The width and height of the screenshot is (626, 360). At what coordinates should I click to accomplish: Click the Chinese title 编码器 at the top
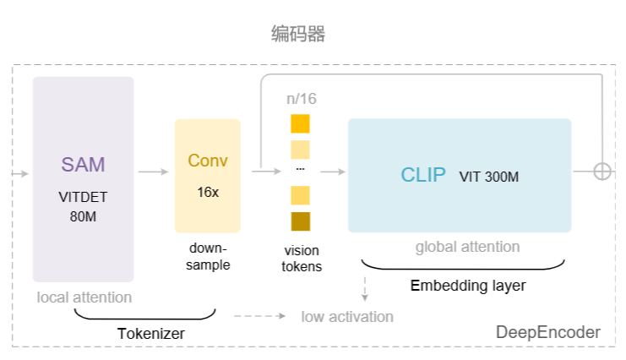[x=298, y=35]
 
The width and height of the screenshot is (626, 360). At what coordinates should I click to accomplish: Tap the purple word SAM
[x=83, y=164]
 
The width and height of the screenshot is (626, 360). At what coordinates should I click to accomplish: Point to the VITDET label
[x=83, y=197]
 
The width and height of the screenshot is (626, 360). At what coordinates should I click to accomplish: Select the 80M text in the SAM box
[x=83, y=216]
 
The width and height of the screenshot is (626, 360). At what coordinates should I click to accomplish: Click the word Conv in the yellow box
[x=208, y=161]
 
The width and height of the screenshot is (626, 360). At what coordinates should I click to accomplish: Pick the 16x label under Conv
[x=208, y=192]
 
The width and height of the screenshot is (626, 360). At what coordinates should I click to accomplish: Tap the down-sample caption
[x=208, y=257]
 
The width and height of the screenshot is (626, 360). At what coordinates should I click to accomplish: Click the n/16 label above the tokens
[x=301, y=99]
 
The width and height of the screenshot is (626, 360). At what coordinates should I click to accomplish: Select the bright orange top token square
[x=301, y=123]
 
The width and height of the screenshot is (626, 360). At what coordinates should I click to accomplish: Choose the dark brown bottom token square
[x=301, y=221]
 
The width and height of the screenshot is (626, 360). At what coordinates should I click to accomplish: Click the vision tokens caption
[x=302, y=258]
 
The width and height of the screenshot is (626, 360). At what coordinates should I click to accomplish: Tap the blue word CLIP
[x=423, y=176]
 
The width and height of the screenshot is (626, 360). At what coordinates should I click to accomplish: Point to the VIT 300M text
[x=489, y=177]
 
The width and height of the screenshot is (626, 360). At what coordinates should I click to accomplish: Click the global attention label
[x=467, y=247]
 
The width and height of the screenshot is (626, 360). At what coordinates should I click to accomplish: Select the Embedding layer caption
[x=468, y=286]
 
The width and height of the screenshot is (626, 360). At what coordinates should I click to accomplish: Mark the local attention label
[x=84, y=297]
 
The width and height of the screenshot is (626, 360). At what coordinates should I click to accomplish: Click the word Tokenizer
[x=151, y=334]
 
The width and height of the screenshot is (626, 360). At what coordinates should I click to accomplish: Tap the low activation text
[x=347, y=317]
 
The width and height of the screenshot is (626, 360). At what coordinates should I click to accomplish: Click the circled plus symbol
[x=602, y=171]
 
